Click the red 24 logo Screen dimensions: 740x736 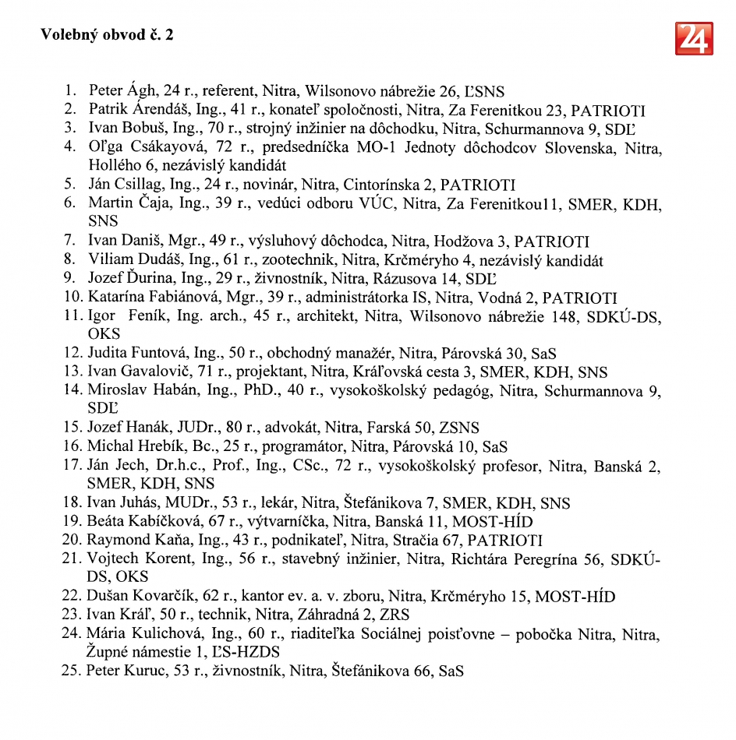(693, 38)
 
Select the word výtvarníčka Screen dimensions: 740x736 (262, 522)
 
